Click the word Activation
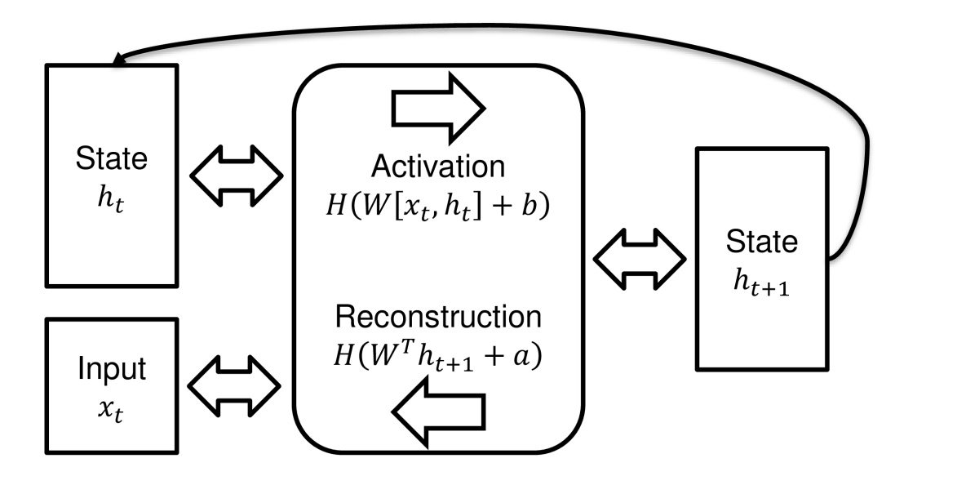438,167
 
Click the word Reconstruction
438,316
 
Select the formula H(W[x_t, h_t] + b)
438,205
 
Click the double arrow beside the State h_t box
236,173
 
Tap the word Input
112,369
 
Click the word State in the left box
113,158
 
